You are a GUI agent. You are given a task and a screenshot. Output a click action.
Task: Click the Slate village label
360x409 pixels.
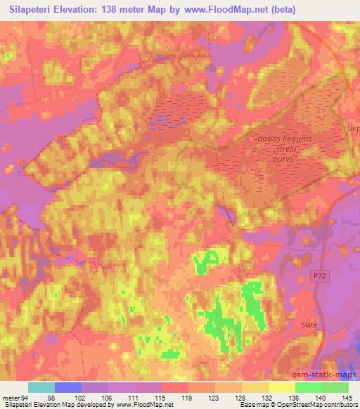point(310,325)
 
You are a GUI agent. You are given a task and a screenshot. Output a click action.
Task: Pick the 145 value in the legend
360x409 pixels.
point(347,398)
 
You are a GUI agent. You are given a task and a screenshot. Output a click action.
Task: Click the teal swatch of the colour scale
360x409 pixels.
point(41,387)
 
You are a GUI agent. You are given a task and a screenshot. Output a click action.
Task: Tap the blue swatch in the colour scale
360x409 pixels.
point(68,387)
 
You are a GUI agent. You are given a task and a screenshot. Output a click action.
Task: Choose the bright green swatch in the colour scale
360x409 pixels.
point(308,387)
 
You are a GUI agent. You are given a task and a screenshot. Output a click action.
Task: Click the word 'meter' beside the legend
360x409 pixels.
point(10,398)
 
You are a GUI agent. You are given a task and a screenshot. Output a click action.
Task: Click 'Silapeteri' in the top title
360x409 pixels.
point(32,10)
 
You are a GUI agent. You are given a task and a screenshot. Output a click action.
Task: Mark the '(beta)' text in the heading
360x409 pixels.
point(283,10)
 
